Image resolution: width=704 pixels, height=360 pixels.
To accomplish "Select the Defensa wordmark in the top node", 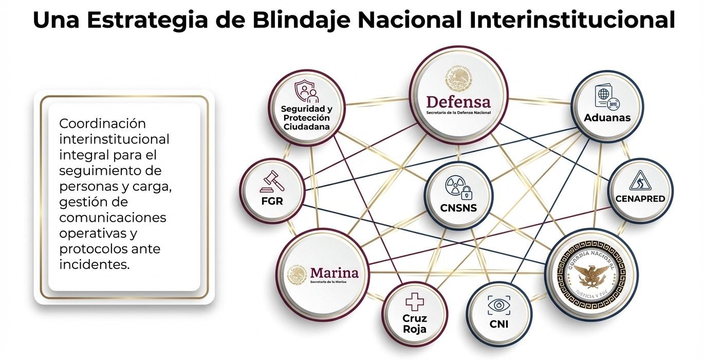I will (x=458, y=101).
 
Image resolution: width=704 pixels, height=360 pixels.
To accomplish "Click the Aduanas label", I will (x=607, y=118).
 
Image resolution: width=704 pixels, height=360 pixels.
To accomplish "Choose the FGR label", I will (x=272, y=201).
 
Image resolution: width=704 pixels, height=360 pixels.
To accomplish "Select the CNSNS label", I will (x=458, y=208).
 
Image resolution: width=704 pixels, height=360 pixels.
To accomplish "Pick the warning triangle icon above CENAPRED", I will (x=640, y=181).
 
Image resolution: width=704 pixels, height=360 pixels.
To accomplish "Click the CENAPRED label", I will (x=640, y=198).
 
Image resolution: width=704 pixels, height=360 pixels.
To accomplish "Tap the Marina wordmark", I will (x=334, y=272).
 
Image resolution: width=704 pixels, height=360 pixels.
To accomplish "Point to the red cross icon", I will (x=414, y=302).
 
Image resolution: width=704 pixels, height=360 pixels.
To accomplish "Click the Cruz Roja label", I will (x=414, y=324).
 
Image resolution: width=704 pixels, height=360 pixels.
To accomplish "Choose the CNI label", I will (x=498, y=324).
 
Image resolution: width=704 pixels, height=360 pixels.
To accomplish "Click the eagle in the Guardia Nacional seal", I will (x=591, y=274).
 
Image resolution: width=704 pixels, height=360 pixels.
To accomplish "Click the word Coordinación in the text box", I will (x=103, y=124).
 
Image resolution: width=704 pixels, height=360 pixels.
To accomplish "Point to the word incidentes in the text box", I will (x=94, y=264).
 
